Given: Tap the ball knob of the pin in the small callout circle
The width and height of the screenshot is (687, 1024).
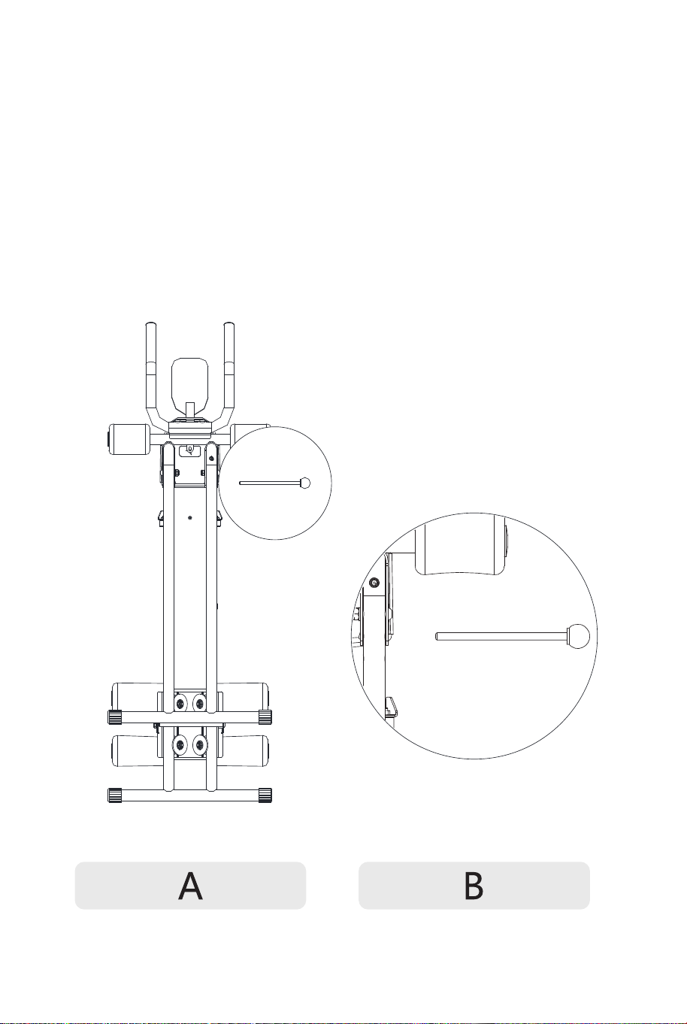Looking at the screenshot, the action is coord(305,483).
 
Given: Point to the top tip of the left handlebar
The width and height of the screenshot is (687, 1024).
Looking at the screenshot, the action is coord(150,323).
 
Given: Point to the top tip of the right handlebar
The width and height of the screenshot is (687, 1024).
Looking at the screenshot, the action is coord(229,323).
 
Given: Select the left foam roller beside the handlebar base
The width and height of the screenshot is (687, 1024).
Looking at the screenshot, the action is coord(126,439).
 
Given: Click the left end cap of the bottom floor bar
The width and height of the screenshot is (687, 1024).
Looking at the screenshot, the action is coord(115,795).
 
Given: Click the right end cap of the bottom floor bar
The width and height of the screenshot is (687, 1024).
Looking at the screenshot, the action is coord(265,795).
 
